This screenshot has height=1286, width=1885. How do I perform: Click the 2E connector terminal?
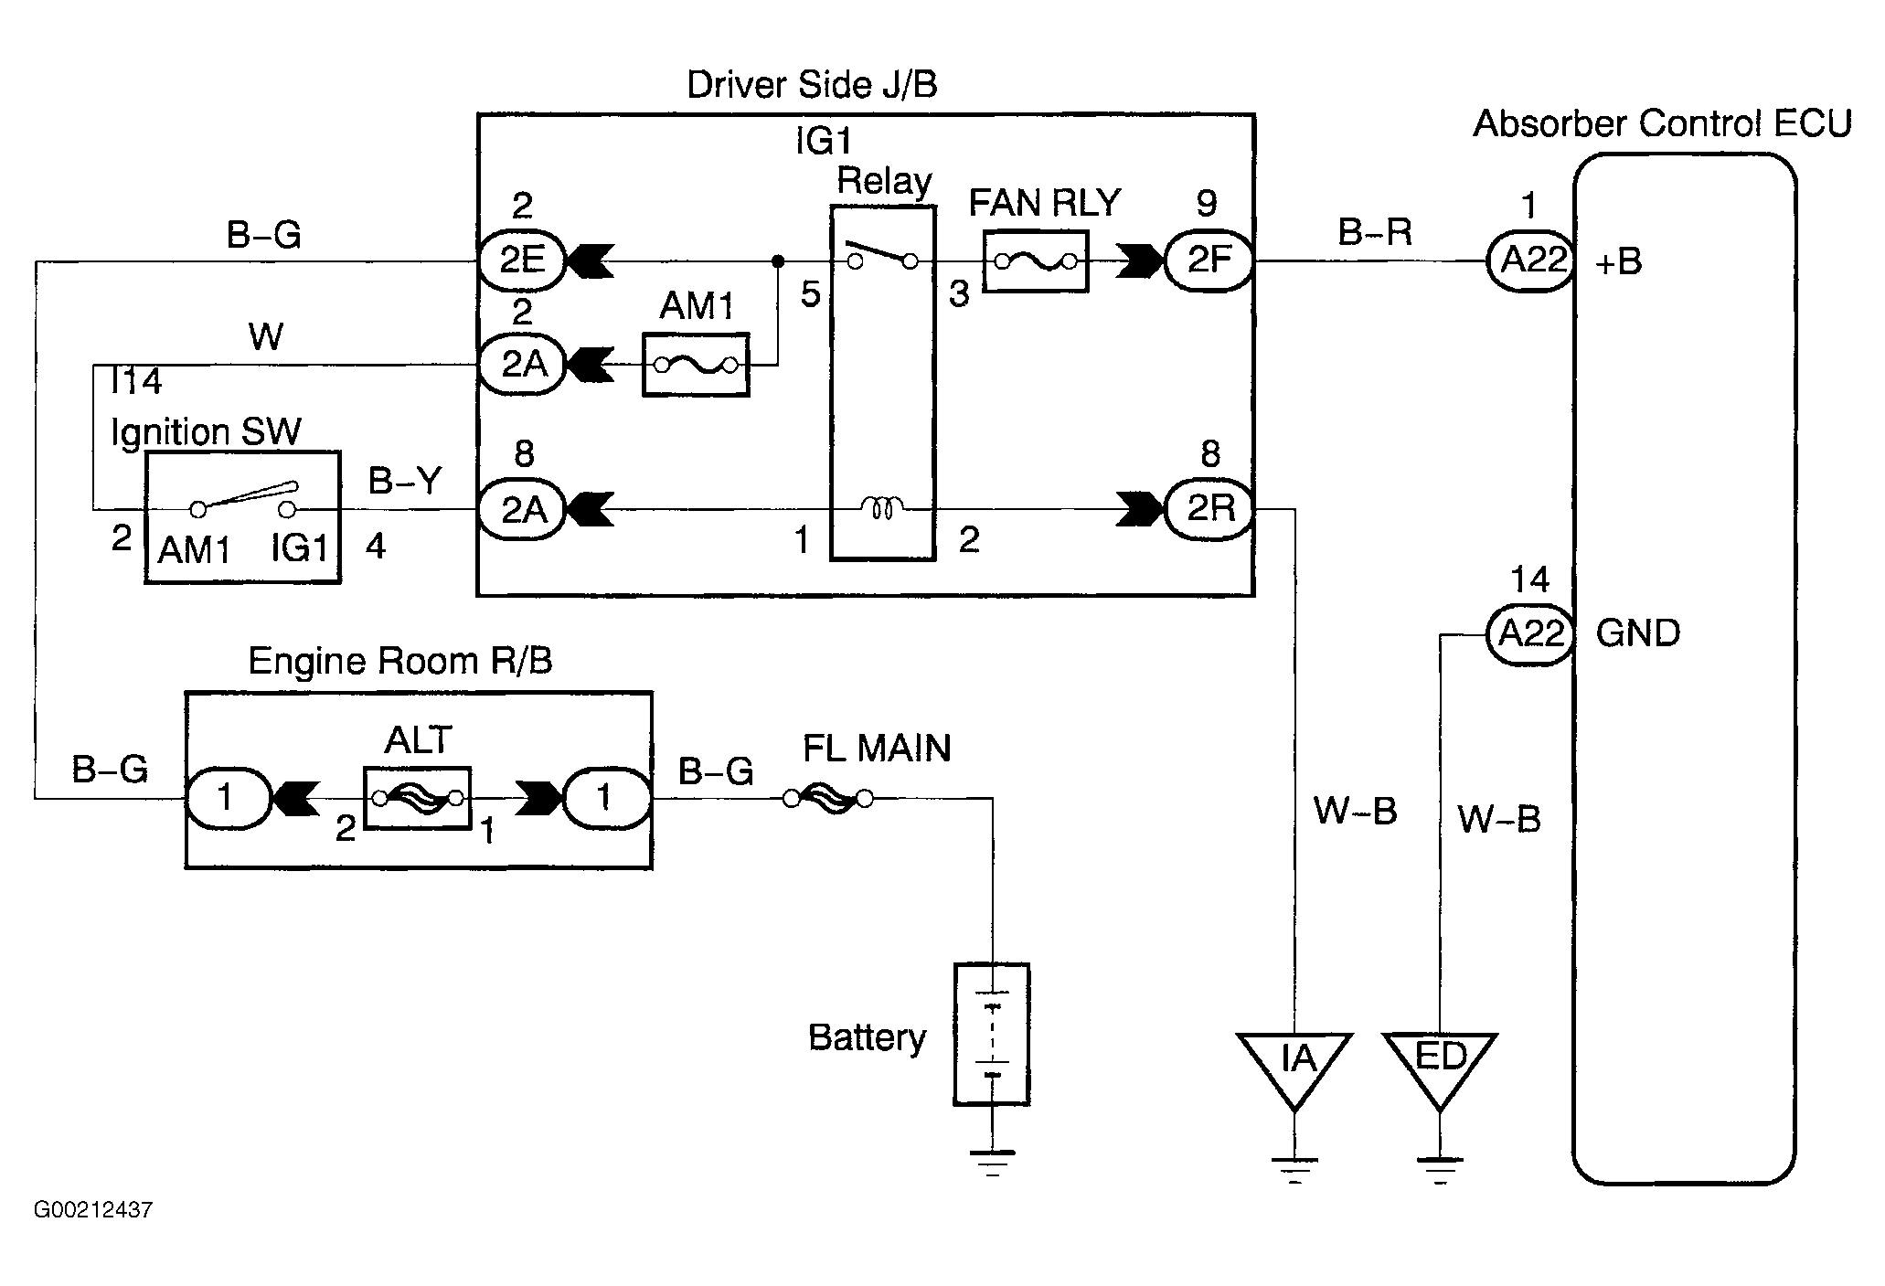[x=522, y=261]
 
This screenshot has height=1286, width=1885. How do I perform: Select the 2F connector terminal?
[x=1209, y=261]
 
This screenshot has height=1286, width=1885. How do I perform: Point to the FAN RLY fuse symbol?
[x=1036, y=262]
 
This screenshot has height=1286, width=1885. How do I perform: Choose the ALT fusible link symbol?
[x=418, y=798]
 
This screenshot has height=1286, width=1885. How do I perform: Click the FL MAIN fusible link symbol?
[x=829, y=800]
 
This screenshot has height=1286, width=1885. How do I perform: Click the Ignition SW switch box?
[x=242, y=516]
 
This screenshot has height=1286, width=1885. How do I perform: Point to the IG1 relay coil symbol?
[x=883, y=508]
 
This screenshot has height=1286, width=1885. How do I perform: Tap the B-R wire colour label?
[x=1375, y=232]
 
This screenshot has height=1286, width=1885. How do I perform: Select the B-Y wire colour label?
[x=405, y=480]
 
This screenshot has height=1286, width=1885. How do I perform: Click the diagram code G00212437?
[x=93, y=1210]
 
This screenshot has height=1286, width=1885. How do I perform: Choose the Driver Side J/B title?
[x=812, y=85]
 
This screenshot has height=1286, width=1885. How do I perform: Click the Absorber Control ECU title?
[x=1663, y=123]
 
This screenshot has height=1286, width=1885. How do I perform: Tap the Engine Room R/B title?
[x=400, y=661]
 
